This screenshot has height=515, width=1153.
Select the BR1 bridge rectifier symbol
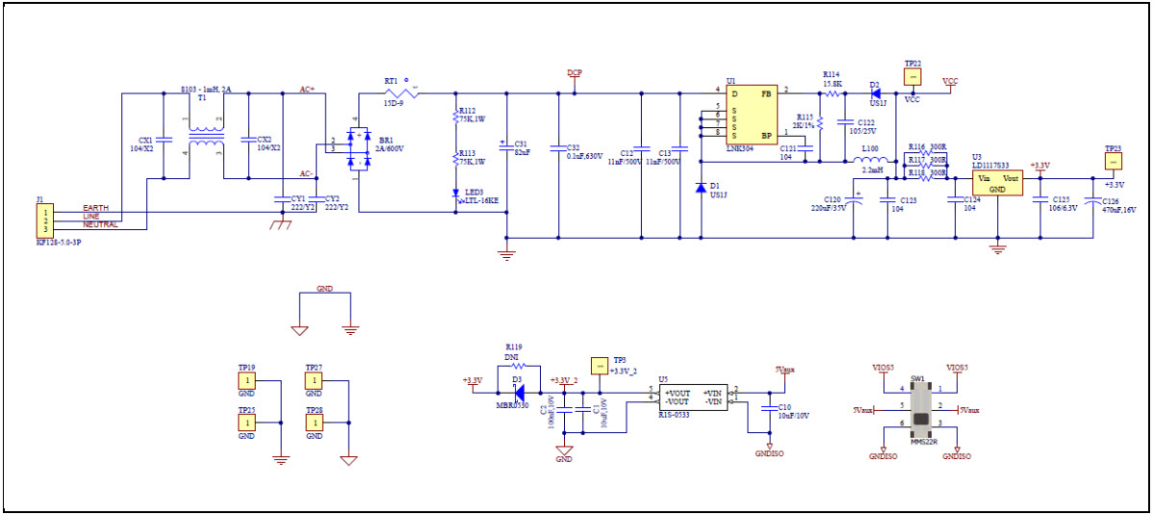(357, 146)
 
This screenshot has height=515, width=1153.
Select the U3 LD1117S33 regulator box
(997, 183)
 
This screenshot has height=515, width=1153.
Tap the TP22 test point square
(913, 76)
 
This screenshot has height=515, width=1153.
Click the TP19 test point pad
(246, 381)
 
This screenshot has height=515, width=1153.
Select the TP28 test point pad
(314, 423)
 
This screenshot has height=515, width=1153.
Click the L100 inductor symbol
(870, 162)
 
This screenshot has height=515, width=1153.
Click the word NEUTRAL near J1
(100, 224)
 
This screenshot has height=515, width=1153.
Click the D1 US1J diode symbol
(700, 188)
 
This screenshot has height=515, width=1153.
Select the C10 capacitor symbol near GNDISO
(769, 406)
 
